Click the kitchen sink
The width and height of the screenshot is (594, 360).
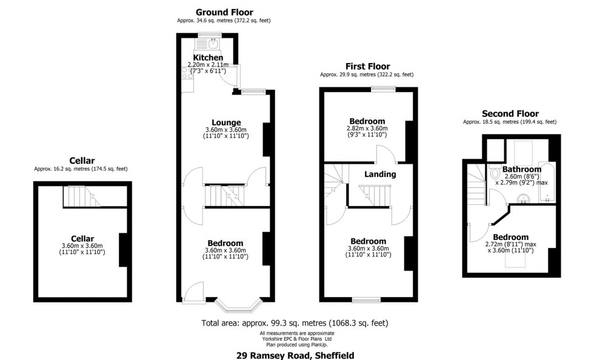point(213,43)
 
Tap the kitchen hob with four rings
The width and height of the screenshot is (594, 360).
point(186,75)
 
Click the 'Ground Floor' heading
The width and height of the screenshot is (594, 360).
point(224,12)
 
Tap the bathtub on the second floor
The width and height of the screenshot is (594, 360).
point(547,182)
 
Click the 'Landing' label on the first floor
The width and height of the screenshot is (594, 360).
point(380,175)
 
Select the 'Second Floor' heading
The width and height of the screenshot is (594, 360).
point(510,114)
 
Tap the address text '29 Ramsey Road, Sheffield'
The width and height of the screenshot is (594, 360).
point(295,355)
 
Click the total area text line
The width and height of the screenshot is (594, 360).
point(295,323)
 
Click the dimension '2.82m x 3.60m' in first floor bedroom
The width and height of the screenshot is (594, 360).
point(367,128)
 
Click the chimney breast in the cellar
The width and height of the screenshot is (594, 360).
point(124,250)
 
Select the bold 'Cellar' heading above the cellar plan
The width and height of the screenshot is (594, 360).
point(81,161)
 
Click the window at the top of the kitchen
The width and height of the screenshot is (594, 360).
point(209,35)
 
